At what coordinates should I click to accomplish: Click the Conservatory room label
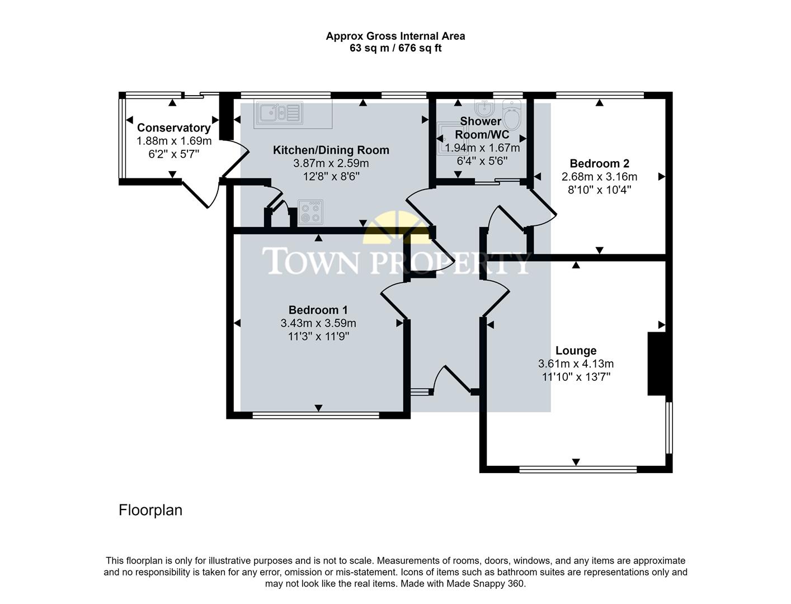click(173, 128)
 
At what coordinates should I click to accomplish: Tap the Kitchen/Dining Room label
click(331, 150)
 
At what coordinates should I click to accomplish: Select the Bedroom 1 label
click(318, 310)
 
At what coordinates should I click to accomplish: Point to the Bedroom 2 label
click(599, 163)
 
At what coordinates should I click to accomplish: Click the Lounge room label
click(576, 351)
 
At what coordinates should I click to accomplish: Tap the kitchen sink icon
click(279, 114)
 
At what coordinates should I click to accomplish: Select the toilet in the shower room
click(511, 115)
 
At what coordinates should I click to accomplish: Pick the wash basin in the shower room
click(482, 106)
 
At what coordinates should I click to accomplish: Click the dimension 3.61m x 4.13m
click(576, 364)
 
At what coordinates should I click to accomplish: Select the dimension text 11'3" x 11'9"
click(318, 337)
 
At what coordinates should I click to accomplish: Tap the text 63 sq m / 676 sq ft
click(396, 48)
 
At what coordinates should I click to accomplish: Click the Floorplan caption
click(150, 510)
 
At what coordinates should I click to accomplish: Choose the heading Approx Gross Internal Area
click(396, 36)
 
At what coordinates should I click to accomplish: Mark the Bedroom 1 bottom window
click(316, 416)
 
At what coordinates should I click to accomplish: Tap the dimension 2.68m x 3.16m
click(599, 177)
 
